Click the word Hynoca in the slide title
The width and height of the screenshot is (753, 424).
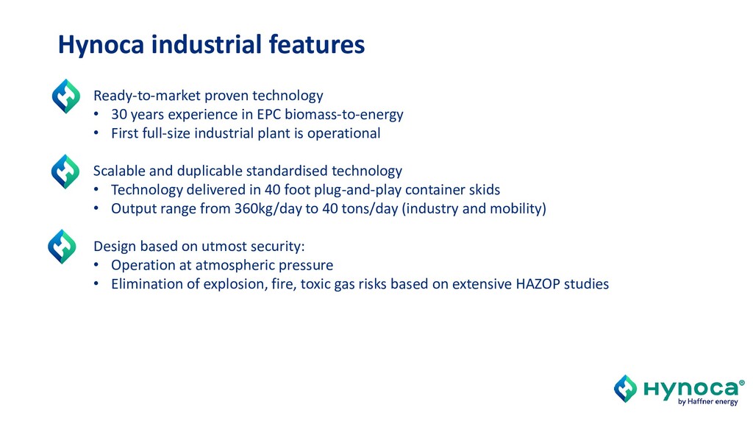pyautogui.click(x=101, y=45)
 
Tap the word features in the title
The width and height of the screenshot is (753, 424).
pyautogui.click(x=316, y=44)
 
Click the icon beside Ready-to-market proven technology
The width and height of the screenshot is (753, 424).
pyautogui.click(x=65, y=96)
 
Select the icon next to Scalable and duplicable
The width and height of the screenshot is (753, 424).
pyautogui.click(x=65, y=172)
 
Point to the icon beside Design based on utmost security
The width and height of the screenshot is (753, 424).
pyautogui.click(x=62, y=247)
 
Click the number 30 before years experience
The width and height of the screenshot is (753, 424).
pyautogui.click(x=119, y=114)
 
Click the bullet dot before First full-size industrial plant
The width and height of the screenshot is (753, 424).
pyautogui.click(x=96, y=133)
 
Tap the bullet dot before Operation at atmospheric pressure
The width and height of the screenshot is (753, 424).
pyautogui.click(x=96, y=265)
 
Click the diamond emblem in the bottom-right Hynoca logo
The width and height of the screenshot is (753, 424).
pyautogui.click(x=625, y=389)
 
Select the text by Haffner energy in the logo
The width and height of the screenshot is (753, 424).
pyautogui.click(x=708, y=402)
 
